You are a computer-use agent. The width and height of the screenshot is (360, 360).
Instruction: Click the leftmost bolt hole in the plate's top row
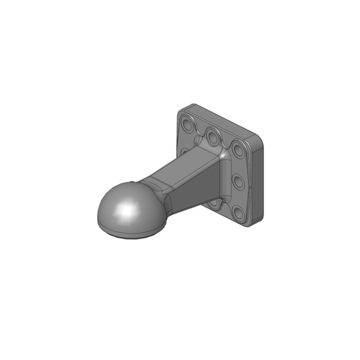click(188, 123)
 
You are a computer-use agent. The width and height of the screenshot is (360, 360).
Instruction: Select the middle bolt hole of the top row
click(213, 136)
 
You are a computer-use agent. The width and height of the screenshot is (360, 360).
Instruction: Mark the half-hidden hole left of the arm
click(183, 151)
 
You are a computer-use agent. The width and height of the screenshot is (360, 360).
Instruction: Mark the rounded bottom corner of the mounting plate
click(252, 225)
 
